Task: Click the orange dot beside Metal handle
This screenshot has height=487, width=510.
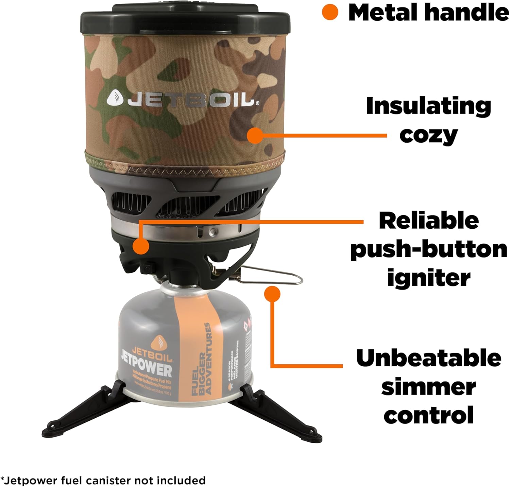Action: click(x=330, y=12)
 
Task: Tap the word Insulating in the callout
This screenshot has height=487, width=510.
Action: click(x=428, y=106)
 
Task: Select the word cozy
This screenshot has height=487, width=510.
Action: click(x=428, y=135)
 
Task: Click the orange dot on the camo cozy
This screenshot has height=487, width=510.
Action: click(x=255, y=136)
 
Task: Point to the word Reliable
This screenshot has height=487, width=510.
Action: click(x=429, y=221)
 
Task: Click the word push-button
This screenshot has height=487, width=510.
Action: click(x=429, y=249)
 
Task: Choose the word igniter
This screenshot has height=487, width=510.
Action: click(x=429, y=278)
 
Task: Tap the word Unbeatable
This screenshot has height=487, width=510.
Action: click(x=429, y=358)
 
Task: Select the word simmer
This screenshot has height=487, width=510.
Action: click(x=429, y=387)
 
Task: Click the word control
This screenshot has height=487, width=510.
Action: click(x=429, y=415)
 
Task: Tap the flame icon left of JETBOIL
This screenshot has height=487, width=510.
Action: click(x=115, y=98)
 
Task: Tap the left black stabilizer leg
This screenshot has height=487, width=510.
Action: click(x=85, y=411)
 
